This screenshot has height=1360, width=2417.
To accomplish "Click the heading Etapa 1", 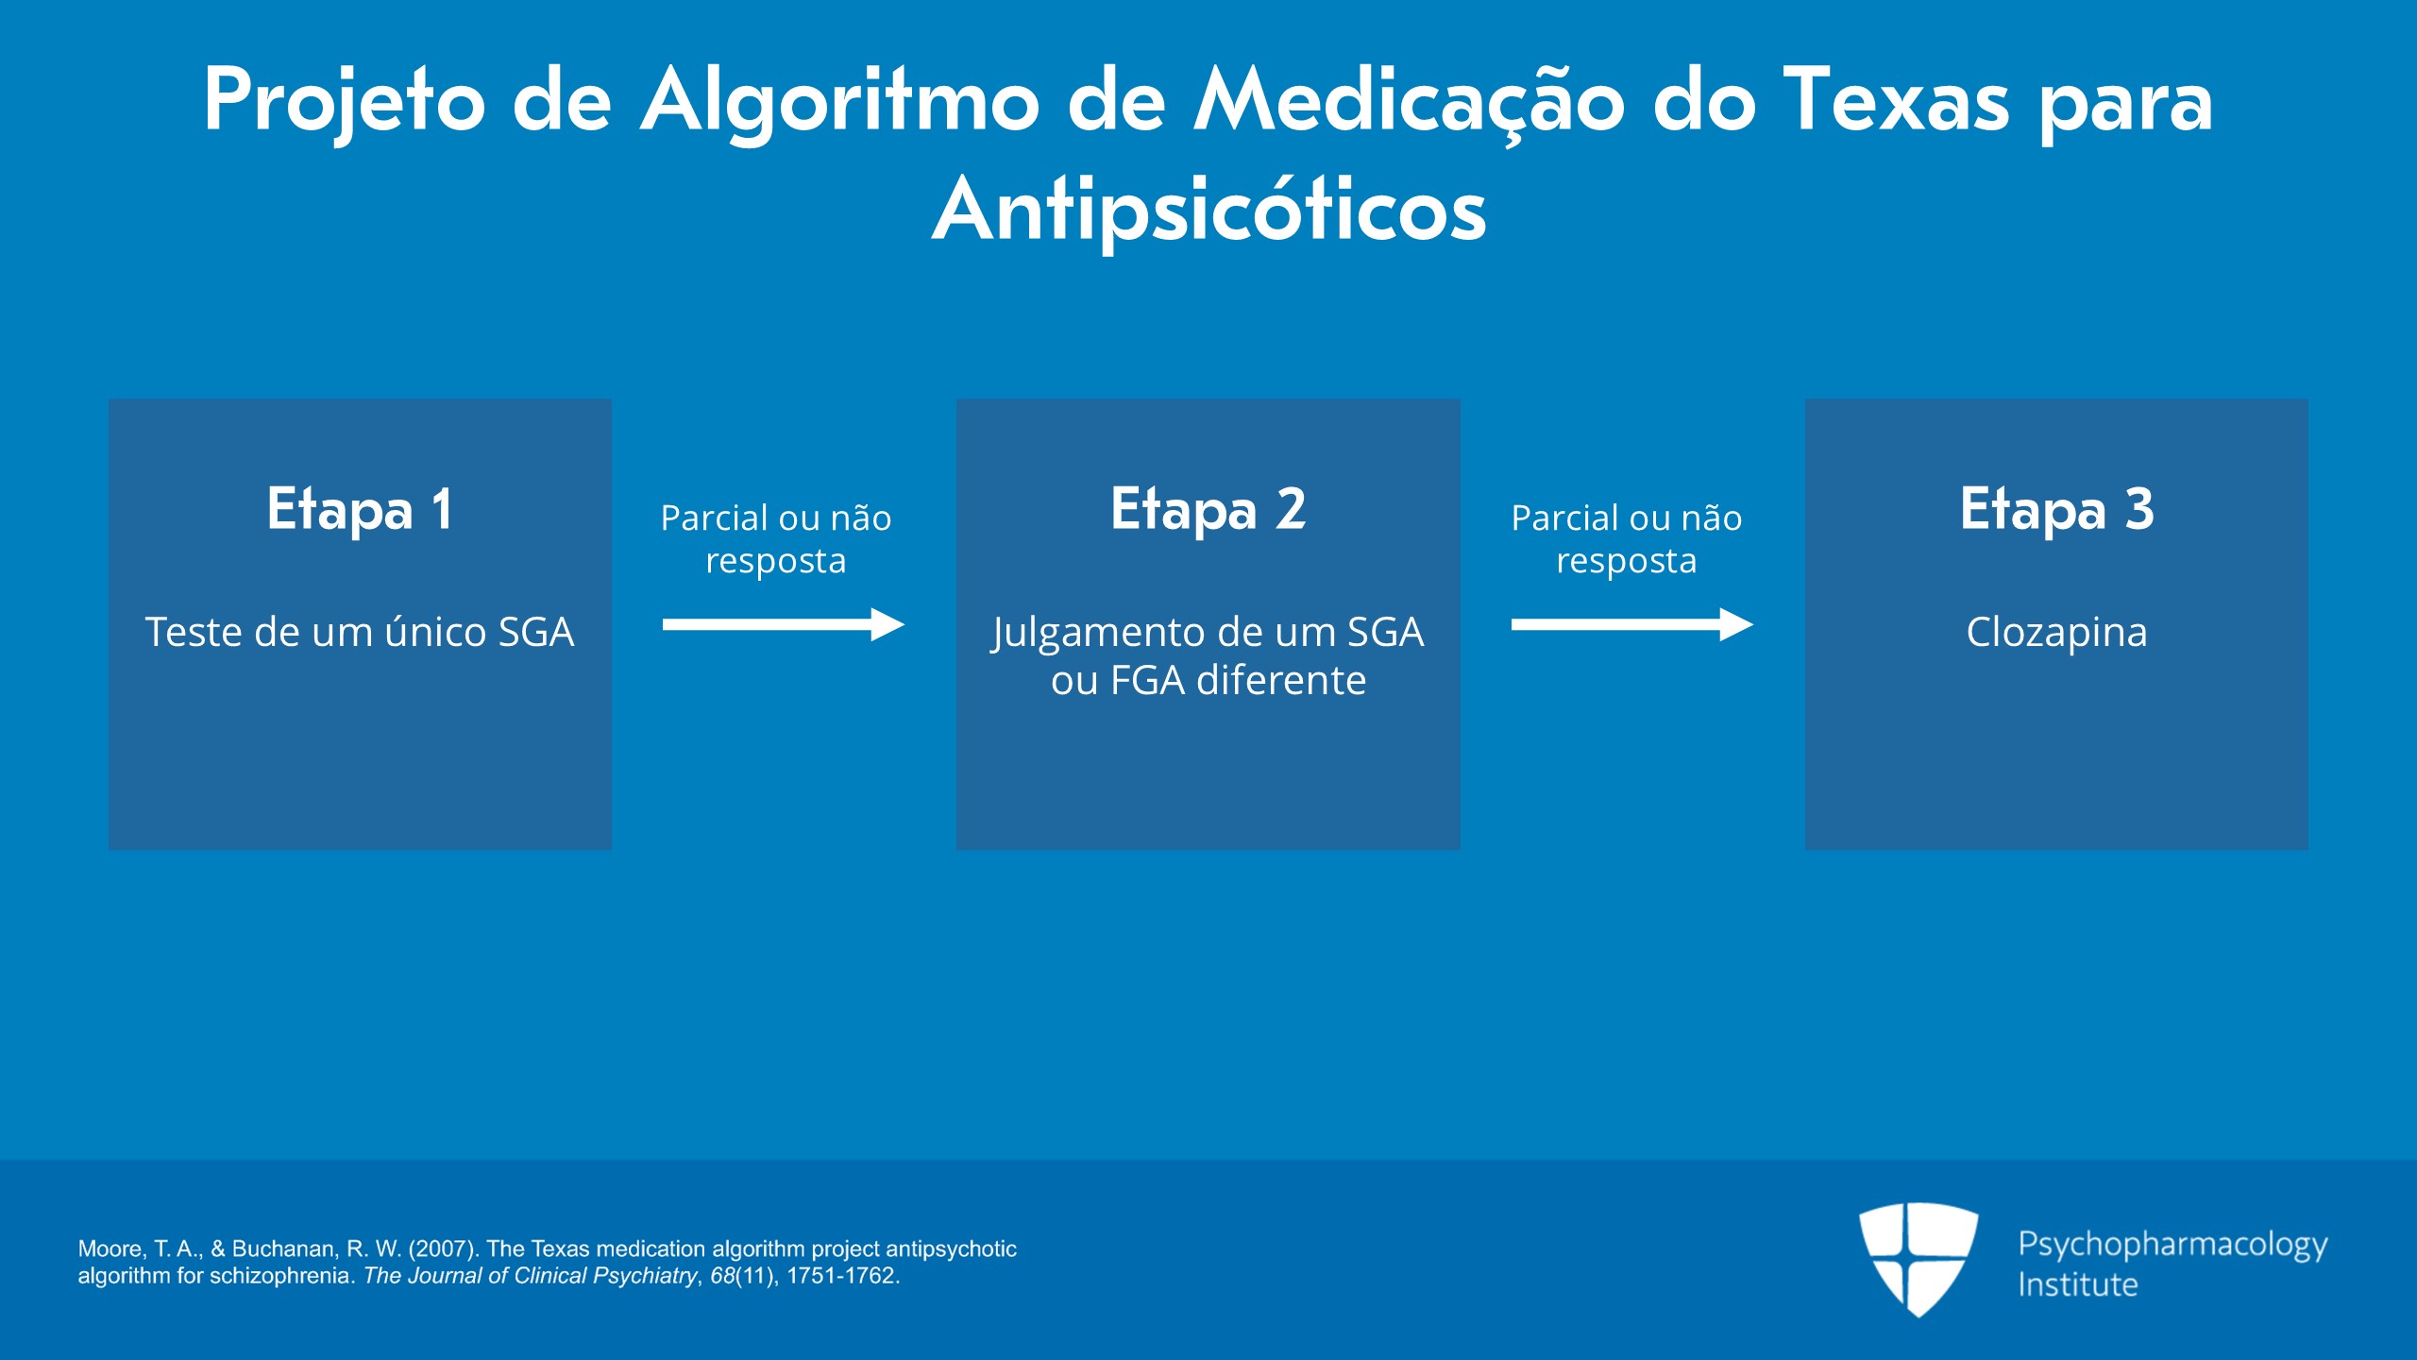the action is point(360,509).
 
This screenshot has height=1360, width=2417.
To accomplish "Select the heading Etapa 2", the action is point(1208,509).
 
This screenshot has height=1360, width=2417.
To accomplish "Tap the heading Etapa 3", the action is point(2056,509).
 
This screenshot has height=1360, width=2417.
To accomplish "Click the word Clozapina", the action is point(2056,633).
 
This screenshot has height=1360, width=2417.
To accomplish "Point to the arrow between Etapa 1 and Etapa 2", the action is point(784,624).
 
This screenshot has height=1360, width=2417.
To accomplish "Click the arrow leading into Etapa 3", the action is point(1631,624).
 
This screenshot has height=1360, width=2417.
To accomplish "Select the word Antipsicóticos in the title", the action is point(1208,210).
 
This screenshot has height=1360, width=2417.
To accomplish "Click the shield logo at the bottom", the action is point(1918,1258).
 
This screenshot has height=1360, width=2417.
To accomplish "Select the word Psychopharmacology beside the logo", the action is point(2172,1246).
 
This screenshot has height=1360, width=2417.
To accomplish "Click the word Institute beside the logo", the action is point(2078,1284).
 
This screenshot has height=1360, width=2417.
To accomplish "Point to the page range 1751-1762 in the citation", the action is point(840,1275).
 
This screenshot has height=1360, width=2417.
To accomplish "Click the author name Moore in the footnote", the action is point(110,1249).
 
